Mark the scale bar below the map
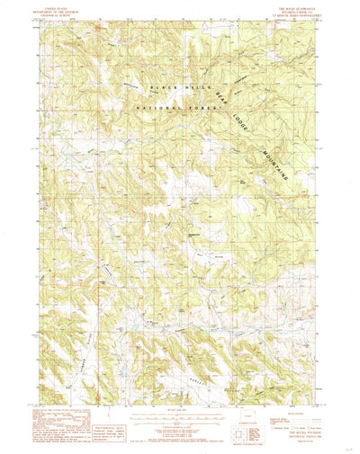(180, 414)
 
